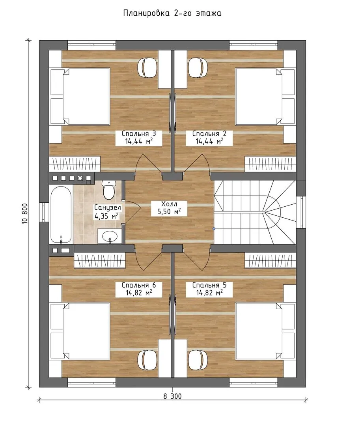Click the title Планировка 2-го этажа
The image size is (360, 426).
pos(172,13)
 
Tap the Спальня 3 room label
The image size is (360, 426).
pos(138,138)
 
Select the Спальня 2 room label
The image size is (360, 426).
pos(209,138)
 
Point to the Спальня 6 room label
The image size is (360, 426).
pos(138,289)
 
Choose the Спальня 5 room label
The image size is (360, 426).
pos(209,289)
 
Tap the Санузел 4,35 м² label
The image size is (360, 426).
pos(107,212)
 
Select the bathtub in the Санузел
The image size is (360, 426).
pos(61,215)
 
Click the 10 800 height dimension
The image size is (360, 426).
pos(25,213)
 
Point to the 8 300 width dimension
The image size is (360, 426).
pos(172,396)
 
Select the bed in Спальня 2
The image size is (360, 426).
pos(265,97)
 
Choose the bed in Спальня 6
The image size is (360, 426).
pos(80,331)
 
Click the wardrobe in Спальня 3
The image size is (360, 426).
pos(75,164)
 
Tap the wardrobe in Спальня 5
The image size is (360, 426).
pos(270,260)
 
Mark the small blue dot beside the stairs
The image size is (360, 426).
pos(214,229)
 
